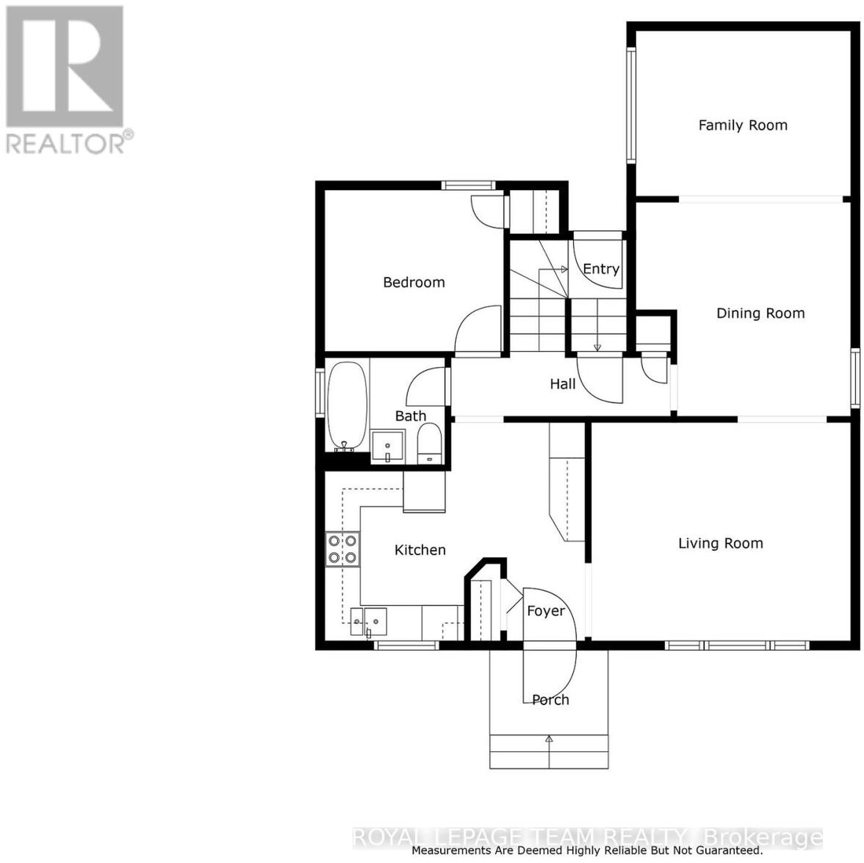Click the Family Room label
click(742, 126)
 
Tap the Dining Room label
click(760, 314)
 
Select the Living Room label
click(720, 543)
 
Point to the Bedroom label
click(414, 282)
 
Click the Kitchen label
click(420, 550)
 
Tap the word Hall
click(563, 384)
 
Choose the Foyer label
click(546, 611)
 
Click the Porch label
click(551, 700)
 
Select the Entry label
click(601, 269)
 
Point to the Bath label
click(410, 416)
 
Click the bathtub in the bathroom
click(347, 406)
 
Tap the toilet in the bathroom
click(430, 443)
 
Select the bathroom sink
click(388, 446)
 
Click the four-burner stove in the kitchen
click(343, 549)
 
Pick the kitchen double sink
click(369, 621)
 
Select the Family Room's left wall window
click(631, 105)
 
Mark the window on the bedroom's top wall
click(468, 185)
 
